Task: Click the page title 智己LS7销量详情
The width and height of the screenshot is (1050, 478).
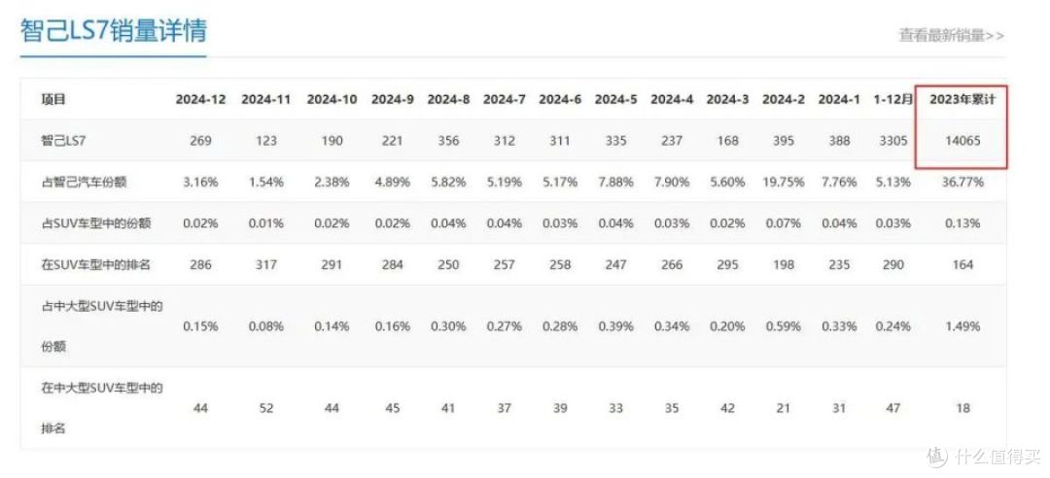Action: click(x=113, y=31)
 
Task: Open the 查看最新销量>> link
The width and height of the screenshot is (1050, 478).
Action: click(x=951, y=36)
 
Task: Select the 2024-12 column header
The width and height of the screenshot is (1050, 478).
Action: click(x=201, y=100)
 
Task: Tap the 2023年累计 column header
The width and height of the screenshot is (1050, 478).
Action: click(x=962, y=100)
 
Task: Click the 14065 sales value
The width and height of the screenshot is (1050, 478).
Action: click(x=962, y=141)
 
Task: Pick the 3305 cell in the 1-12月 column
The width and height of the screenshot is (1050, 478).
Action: click(x=893, y=141)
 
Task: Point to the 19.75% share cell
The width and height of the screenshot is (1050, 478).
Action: click(x=784, y=182)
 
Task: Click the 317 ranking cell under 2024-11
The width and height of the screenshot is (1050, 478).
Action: click(x=265, y=264)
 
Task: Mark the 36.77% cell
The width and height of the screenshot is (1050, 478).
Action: click(x=962, y=182)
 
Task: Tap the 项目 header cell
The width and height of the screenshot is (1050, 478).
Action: click(x=53, y=100)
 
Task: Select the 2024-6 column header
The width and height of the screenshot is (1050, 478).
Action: click(x=560, y=100)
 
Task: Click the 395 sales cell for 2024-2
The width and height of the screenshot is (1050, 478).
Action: click(x=784, y=141)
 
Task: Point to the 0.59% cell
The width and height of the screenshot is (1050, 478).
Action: click(x=784, y=326)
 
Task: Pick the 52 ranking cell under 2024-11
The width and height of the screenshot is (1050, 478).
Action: click(x=265, y=408)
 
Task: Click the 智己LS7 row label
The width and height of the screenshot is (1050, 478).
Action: click(x=63, y=141)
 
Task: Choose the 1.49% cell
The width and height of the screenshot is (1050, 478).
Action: click(x=962, y=326)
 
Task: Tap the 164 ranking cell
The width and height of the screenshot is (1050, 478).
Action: click(x=962, y=264)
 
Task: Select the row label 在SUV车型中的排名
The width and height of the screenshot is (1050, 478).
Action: click(x=95, y=264)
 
